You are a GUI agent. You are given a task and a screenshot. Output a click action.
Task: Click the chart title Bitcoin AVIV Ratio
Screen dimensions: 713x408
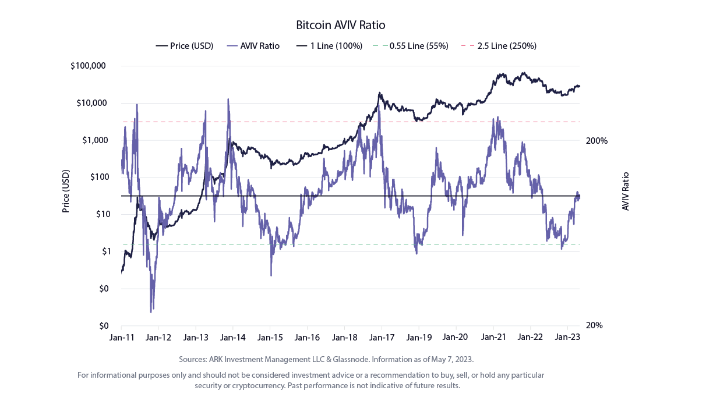(x=341, y=25)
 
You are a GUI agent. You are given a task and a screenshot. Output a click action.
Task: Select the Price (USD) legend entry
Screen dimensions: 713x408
(x=185, y=46)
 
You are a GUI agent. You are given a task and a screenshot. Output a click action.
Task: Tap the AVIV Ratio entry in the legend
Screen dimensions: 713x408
(x=253, y=46)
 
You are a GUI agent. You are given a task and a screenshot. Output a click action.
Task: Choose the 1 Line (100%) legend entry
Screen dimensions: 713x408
(x=330, y=46)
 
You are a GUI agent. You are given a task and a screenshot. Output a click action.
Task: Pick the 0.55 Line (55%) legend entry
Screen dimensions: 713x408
(x=411, y=46)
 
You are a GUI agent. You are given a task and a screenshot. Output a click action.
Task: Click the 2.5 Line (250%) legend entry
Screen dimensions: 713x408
(x=499, y=46)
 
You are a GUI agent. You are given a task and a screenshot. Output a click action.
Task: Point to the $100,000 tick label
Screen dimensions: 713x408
(x=88, y=66)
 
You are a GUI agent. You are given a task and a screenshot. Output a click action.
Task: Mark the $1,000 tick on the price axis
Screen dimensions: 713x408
(x=95, y=140)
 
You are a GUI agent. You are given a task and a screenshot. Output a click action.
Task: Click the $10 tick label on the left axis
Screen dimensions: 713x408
(x=103, y=214)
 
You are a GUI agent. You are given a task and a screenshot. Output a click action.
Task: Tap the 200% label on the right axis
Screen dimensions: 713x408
(x=596, y=141)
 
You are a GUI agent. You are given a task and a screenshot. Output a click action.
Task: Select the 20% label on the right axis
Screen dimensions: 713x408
(x=594, y=325)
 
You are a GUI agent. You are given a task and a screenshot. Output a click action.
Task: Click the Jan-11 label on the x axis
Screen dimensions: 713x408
(x=122, y=338)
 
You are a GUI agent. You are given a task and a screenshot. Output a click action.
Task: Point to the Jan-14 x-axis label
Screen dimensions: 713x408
(x=232, y=338)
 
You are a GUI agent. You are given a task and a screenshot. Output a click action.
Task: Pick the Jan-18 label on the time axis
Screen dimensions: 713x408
(x=344, y=338)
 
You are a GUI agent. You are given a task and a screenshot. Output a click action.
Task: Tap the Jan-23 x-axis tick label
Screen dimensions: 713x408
(x=567, y=337)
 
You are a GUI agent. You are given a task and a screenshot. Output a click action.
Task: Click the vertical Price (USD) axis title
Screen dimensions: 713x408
(x=66, y=191)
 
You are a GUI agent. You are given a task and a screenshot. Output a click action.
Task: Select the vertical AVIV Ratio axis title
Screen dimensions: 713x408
(x=626, y=191)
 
